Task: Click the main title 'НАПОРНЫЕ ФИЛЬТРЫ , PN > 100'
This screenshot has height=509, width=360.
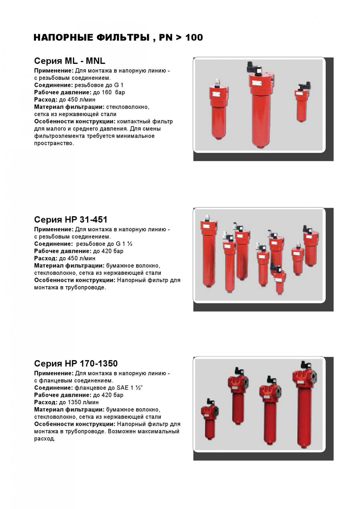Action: pyautogui.click(x=118, y=38)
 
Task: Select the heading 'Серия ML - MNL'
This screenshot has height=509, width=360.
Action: pyautogui.click(x=70, y=61)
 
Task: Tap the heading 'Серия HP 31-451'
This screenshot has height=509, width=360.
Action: pyautogui.click(x=70, y=220)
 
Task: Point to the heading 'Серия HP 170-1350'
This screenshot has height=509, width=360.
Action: pyautogui.click(x=76, y=364)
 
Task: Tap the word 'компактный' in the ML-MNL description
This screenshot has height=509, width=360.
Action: pyautogui.click(x=132, y=121)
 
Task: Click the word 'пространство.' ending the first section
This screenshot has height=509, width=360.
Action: pyautogui.click(x=54, y=143)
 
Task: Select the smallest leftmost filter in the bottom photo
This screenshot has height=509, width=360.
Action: pyautogui.click(x=209, y=421)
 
